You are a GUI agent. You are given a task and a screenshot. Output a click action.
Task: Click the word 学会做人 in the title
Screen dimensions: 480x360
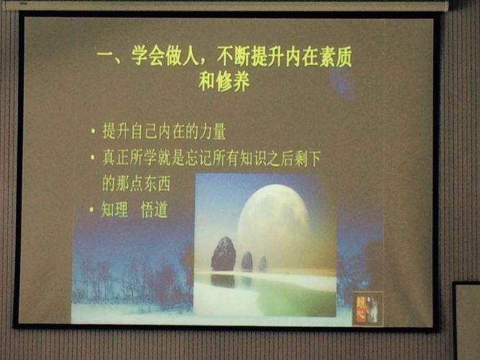point(166,57)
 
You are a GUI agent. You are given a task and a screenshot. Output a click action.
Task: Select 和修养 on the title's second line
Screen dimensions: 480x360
point(224,82)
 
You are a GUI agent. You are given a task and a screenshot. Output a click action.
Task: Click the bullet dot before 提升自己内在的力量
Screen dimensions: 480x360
point(93,132)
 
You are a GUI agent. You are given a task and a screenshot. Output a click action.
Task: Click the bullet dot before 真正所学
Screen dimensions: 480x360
point(93,158)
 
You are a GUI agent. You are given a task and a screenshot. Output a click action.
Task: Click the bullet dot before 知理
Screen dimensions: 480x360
point(91,210)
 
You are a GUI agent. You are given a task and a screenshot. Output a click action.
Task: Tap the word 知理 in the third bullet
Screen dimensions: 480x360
point(114,210)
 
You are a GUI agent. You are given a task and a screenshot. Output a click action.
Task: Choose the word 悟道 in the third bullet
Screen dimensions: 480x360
point(154,210)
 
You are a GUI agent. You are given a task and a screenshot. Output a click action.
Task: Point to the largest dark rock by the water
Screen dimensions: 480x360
point(222,254)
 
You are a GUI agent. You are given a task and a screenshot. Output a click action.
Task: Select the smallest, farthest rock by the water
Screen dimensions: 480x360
point(263,264)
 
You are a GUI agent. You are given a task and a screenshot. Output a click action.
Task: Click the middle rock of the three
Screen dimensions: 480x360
point(247,261)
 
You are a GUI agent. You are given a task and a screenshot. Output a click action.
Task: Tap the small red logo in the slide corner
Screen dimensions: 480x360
point(367,307)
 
